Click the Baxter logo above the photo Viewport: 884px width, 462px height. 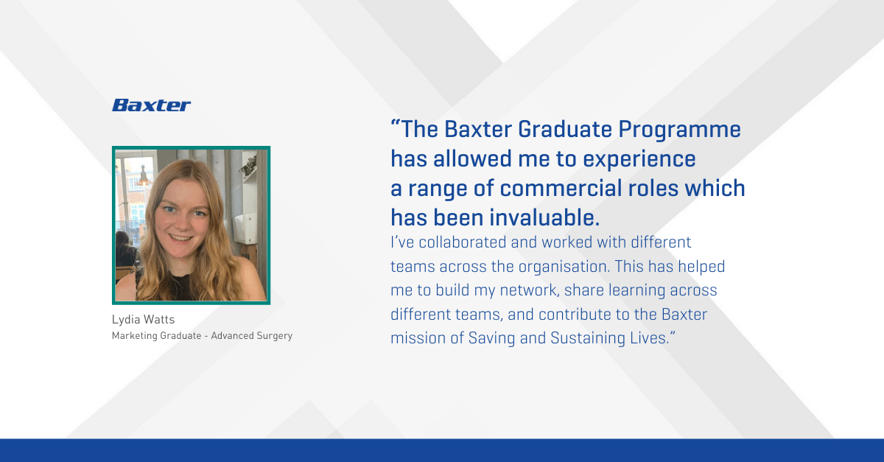tap(151, 105)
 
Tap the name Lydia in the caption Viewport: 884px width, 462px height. tap(125, 320)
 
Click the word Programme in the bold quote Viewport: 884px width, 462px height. tap(679, 130)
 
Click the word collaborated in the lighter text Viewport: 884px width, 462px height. tap(463, 242)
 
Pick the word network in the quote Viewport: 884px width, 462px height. tap(530, 290)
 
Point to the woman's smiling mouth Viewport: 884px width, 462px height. tap(181, 239)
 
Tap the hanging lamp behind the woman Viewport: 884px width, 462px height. tap(144, 177)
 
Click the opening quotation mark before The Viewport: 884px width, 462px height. tap(396, 124)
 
